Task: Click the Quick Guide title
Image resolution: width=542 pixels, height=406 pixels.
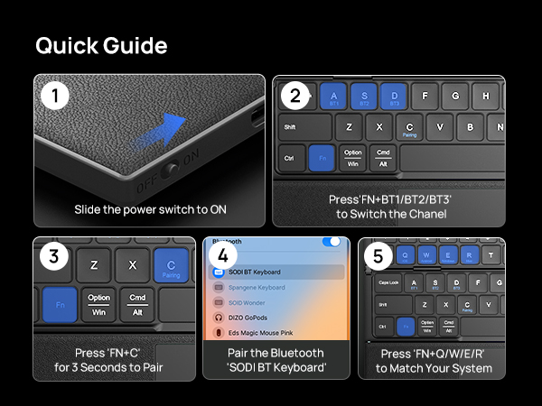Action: [101, 46]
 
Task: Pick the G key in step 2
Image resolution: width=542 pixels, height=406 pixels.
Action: [455, 96]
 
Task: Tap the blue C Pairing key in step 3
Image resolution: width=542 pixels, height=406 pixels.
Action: [170, 264]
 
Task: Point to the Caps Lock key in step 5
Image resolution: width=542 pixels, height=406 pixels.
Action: [388, 282]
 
